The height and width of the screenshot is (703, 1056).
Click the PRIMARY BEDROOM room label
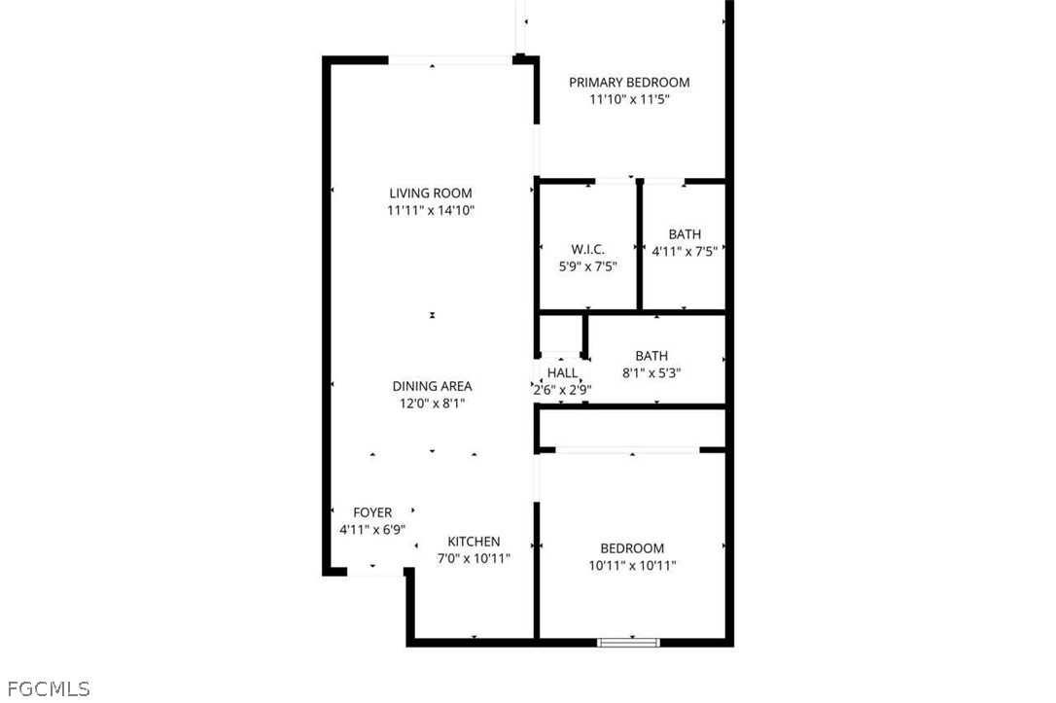(629, 82)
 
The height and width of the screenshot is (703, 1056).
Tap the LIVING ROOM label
(431, 193)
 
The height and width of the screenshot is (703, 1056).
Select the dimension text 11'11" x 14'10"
(431, 210)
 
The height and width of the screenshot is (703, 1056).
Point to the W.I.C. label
(588, 249)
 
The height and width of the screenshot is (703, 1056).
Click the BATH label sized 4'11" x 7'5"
(685, 234)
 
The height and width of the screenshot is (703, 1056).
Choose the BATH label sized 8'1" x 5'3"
(651, 356)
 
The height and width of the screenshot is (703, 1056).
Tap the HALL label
(562, 372)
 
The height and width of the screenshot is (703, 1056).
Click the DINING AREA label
(432, 386)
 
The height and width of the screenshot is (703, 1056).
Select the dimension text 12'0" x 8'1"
(432, 404)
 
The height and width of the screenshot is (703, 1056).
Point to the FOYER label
(372, 512)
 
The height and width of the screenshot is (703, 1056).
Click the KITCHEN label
(474, 542)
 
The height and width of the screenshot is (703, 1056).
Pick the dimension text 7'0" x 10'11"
(474, 558)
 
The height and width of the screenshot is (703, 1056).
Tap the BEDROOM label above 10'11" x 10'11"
(632, 548)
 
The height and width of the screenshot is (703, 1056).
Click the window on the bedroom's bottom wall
(629, 643)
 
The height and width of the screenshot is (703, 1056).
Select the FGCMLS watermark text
(49, 688)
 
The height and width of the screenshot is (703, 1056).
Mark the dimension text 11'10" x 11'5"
(629, 99)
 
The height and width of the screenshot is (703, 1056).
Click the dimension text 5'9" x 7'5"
(588, 266)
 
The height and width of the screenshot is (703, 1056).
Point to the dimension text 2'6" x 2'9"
(562, 389)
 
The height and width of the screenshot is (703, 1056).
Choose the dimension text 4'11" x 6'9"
(372, 529)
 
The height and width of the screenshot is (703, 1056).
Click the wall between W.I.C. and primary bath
(640, 245)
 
